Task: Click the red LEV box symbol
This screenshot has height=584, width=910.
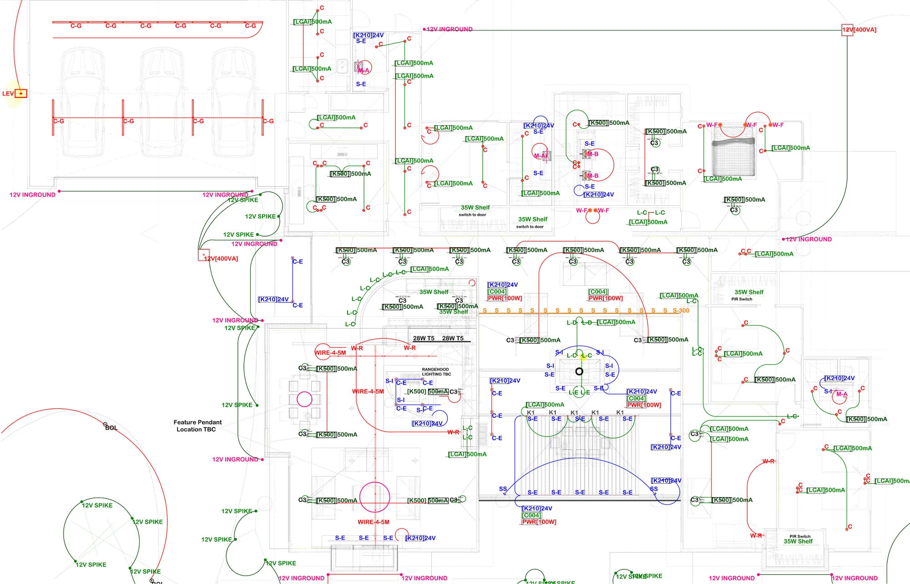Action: click(21, 93)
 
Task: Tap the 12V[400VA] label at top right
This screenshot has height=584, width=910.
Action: click(859, 30)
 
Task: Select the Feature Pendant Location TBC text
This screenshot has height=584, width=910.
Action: click(197, 426)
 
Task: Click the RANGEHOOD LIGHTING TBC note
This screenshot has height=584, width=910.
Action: click(436, 372)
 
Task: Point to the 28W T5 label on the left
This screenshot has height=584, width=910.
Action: click(424, 338)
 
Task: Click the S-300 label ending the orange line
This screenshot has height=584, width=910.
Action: click(681, 310)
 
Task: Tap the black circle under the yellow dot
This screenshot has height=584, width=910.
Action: click(579, 371)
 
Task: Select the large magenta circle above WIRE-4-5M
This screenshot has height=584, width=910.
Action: click(374, 497)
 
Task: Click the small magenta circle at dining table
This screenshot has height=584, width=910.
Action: click(304, 399)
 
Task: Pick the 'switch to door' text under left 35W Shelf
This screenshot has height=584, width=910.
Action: click(472, 215)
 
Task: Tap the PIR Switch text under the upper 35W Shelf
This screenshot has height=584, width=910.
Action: click(742, 299)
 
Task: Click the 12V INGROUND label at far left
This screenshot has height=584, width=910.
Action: click(32, 195)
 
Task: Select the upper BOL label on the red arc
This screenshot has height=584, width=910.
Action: click(111, 428)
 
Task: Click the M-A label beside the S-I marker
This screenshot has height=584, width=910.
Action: click(842, 394)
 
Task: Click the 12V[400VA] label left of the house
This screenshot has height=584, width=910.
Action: click(221, 259)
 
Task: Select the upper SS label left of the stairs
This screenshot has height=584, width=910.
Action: click(503, 489)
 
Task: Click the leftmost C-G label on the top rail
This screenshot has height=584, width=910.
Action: click(76, 26)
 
